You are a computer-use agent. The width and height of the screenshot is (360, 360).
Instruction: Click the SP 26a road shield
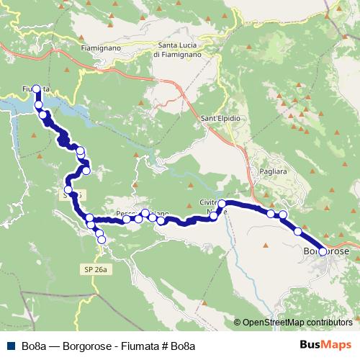(94, 269)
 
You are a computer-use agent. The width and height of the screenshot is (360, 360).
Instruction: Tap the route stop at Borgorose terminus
(322, 251)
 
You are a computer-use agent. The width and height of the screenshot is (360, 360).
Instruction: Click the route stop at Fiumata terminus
(36, 89)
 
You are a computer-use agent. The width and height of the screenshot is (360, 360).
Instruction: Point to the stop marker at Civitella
(222, 204)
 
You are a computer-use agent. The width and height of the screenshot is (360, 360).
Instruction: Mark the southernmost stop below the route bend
(101, 239)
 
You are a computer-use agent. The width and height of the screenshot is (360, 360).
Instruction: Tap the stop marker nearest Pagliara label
(271, 213)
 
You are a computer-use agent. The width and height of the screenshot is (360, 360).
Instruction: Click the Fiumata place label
(35, 89)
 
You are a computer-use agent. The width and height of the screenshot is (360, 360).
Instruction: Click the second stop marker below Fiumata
(42, 114)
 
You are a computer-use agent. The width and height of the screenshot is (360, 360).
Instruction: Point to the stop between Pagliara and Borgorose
(298, 231)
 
